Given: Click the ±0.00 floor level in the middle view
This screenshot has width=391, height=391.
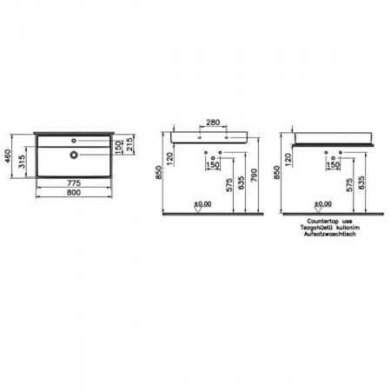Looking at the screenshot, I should tap(202, 204).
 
